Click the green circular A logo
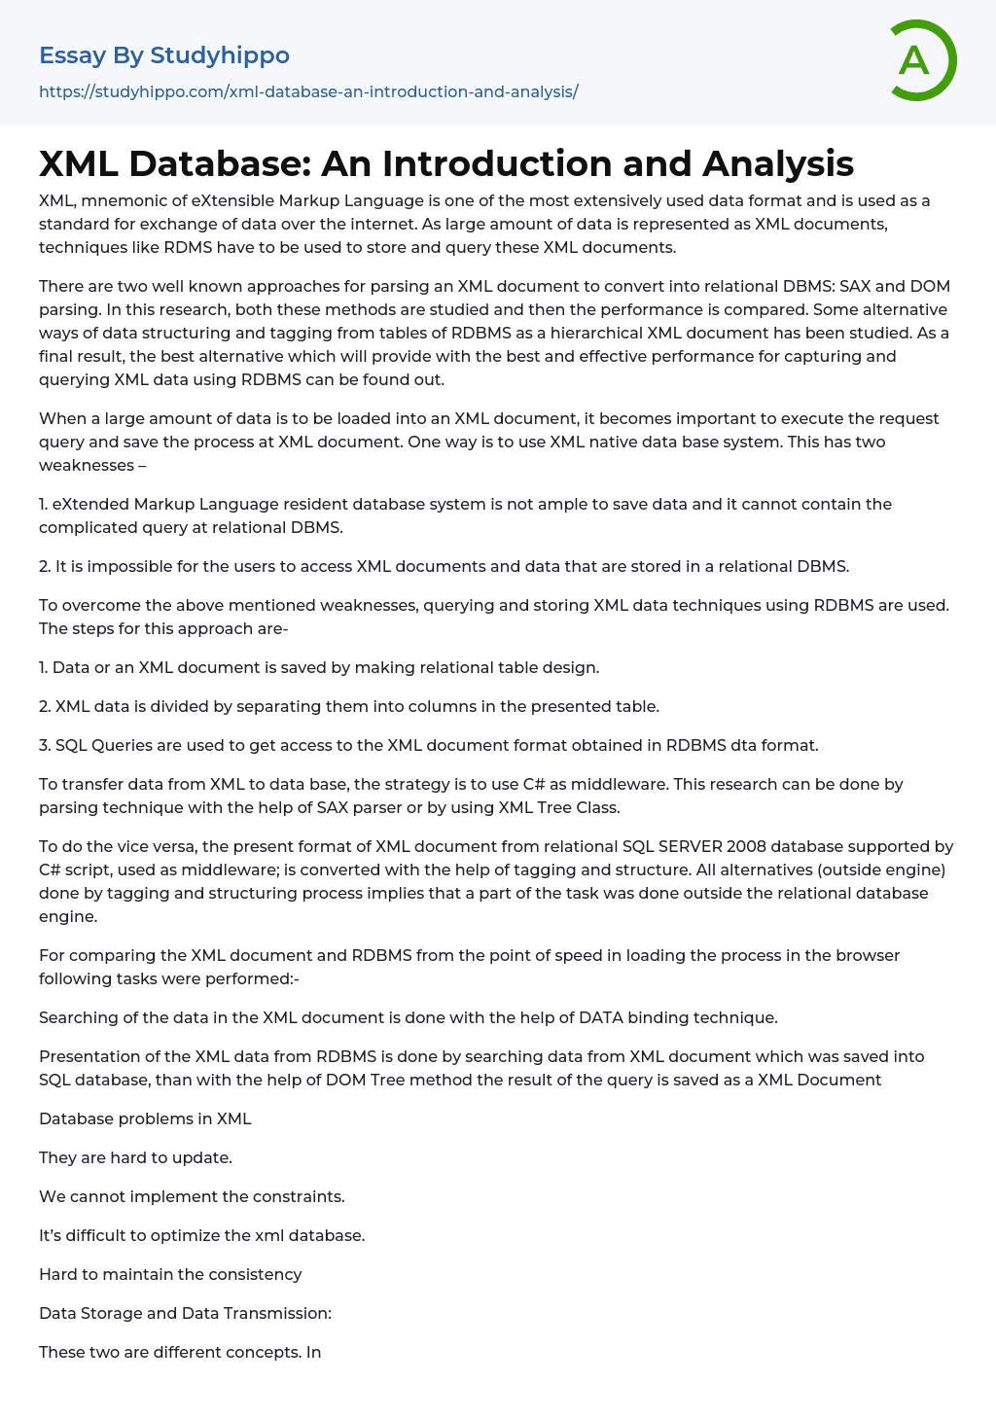(x=921, y=60)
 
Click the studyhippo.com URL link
(x=308, y=91)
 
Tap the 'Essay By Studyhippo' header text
(x=164, y=55)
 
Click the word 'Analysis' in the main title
(x=777, y=163)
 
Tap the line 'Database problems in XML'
(x=145, y=1118)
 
